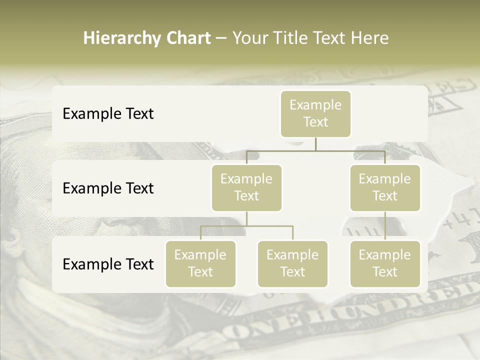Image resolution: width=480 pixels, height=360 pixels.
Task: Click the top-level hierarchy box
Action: pos(315,114)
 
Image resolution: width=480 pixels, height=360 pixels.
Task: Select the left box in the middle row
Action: pos(246,187)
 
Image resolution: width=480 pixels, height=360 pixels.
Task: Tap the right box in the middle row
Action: pos(385,187)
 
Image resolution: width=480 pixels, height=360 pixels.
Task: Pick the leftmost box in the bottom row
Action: pos(200,263)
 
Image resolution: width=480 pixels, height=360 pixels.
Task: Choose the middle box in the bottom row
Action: pos(292,263)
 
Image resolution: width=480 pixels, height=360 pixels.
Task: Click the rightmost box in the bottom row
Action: pos(385,263)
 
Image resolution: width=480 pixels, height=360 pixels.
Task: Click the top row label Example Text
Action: pos(108,114)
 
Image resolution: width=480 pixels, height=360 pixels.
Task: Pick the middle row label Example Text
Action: pos(108,188)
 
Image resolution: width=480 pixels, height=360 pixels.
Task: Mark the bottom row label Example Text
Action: pos(108,264)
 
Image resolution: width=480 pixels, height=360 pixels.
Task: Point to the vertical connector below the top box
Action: pos(315,144)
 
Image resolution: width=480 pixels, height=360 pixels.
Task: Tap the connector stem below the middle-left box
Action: pos(246,218)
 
